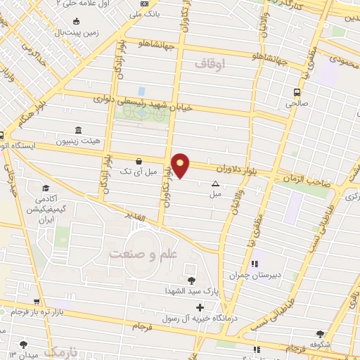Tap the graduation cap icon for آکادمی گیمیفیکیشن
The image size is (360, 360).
[x=46, y=188]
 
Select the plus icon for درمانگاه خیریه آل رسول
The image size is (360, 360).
[x=200, y=307]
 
